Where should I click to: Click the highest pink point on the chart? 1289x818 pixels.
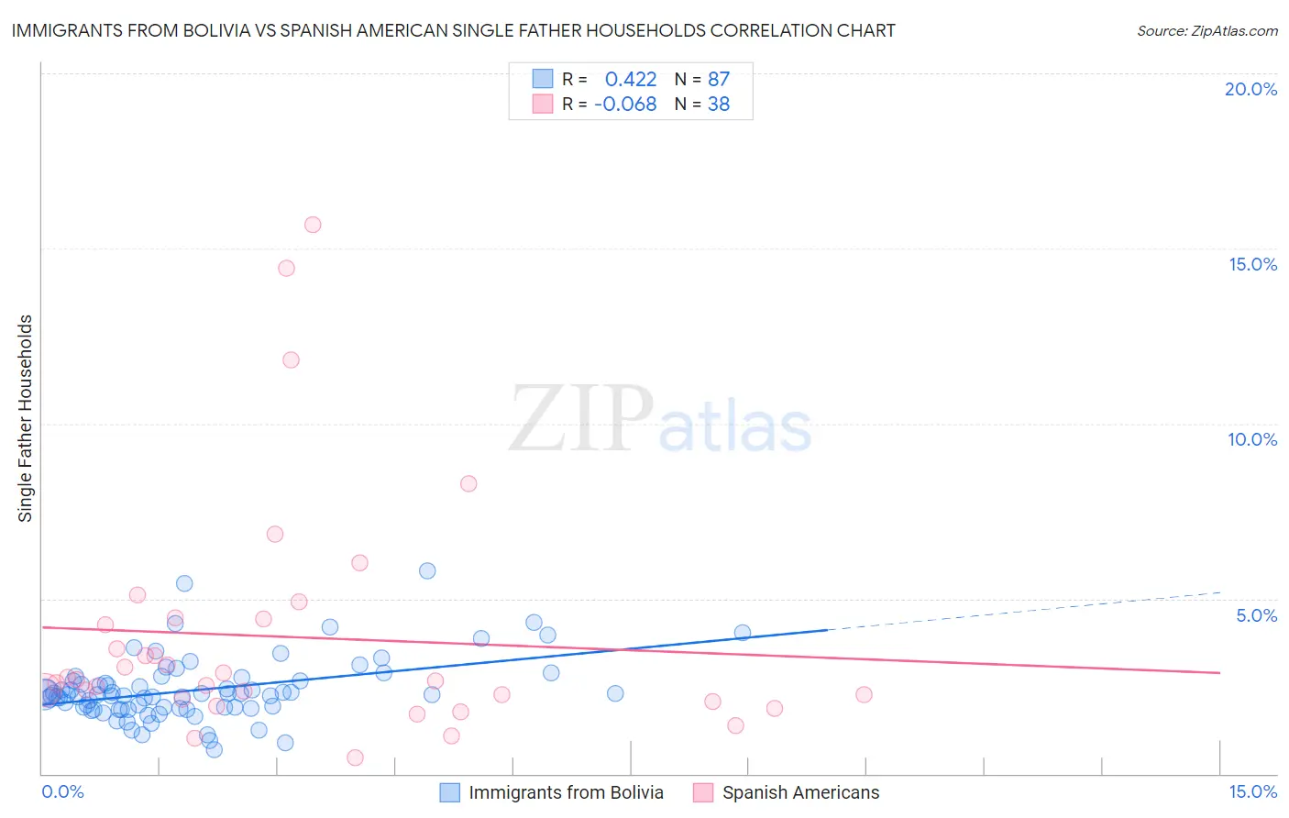(313, 225)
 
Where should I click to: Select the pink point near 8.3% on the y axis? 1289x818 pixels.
(468, 484)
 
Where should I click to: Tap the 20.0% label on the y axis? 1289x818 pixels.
(1250, 89)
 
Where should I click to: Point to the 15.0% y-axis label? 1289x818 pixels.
(1252, 264)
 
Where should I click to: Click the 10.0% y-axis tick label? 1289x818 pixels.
(1252, 439)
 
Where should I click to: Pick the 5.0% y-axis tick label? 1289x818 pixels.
(1256, 615)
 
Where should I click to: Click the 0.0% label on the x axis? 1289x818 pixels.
(62, 791)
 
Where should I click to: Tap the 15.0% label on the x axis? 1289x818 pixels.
(1252, 791)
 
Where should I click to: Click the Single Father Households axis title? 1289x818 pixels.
(26, 418)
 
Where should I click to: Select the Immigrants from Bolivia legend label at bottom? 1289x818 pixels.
(566, 792)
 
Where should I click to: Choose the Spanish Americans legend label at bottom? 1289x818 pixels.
(800, 792)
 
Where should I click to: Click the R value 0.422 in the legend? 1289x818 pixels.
(631, 80)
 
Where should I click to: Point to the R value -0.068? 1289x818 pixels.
(625, 105)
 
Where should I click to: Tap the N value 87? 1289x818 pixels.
(719, 80)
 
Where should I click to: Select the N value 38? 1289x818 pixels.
(719, 105)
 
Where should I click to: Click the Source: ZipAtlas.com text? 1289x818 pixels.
(1206, 31)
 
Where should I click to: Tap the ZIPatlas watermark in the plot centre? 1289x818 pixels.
(660, 420)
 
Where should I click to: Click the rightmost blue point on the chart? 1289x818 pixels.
(743, 633)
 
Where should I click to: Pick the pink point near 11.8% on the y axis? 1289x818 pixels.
(291, 360)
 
